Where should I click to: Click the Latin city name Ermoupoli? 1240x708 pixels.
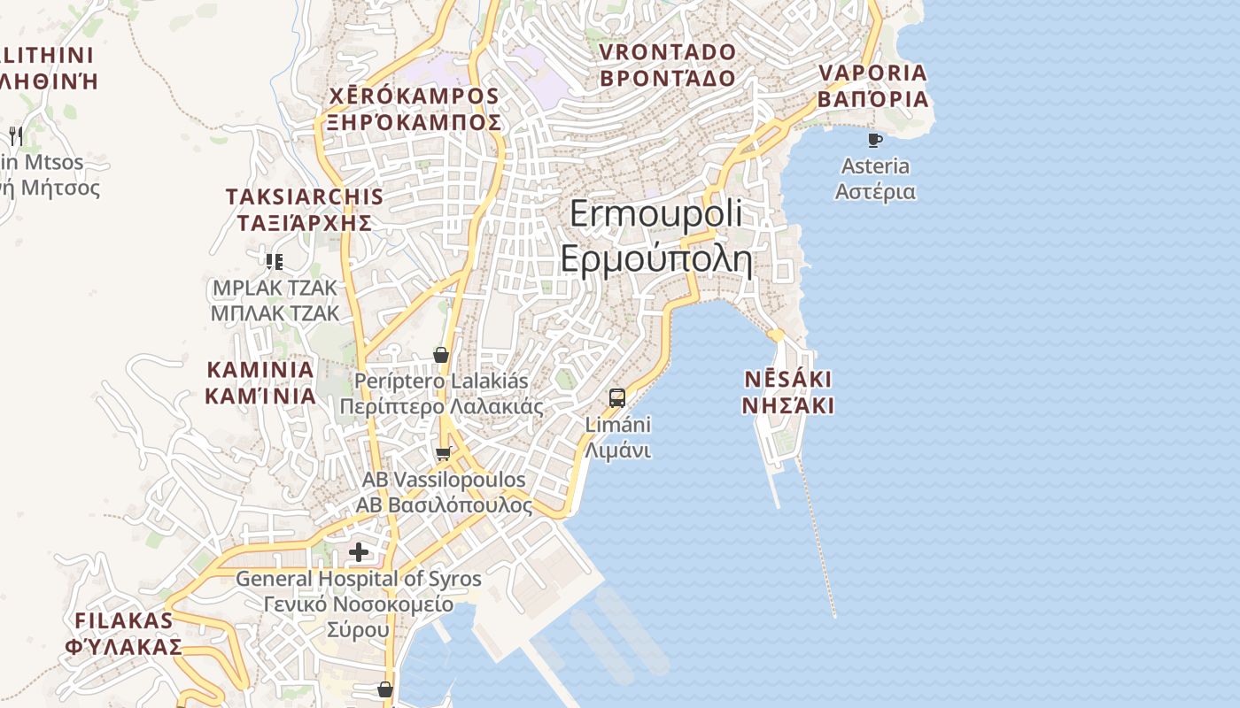coord(655,215)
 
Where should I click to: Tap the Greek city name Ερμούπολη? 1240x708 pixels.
coord(655,260)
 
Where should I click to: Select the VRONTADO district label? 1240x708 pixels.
coord(667,52)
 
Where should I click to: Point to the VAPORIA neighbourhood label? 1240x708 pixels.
coord(872,73)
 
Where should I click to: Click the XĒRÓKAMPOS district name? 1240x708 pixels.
coord(415,96)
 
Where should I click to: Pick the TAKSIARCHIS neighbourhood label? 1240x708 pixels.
coord(305,197)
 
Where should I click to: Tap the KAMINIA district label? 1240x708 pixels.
coord(260,370)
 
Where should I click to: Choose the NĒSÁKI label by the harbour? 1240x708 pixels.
coord(787,380)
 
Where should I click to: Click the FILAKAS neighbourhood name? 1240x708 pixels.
coord(123,620)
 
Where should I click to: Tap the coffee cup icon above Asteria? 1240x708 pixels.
coord(875,140)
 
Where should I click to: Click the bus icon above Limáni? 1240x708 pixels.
coord(617,397)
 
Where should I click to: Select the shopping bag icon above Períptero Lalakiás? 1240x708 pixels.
coord(440,355)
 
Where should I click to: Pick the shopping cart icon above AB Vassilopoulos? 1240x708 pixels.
coord(443,454)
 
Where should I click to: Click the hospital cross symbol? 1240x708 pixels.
coord(359,553)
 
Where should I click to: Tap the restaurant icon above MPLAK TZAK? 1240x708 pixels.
coord(274,261)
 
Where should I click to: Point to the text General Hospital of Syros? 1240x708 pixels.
coord(359,580)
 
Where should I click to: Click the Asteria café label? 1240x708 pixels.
coord(875,166)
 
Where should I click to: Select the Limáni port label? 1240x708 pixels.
coord(618,425)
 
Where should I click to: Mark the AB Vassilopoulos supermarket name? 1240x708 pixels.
coord(444,480)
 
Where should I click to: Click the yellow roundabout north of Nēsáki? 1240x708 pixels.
coord(776,335)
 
